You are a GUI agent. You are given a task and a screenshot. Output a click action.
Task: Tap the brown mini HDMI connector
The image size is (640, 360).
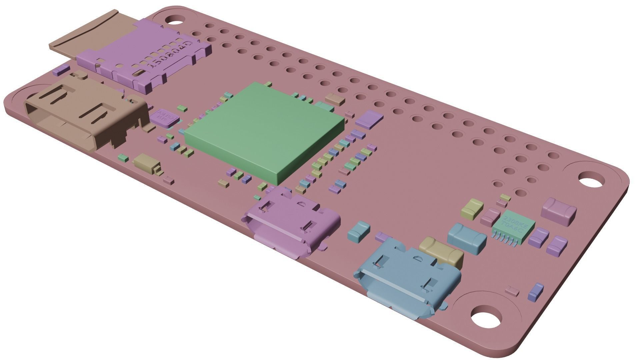83,113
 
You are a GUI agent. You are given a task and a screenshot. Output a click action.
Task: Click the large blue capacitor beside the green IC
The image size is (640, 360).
467,237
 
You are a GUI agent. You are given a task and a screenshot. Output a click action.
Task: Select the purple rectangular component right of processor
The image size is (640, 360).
369,119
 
